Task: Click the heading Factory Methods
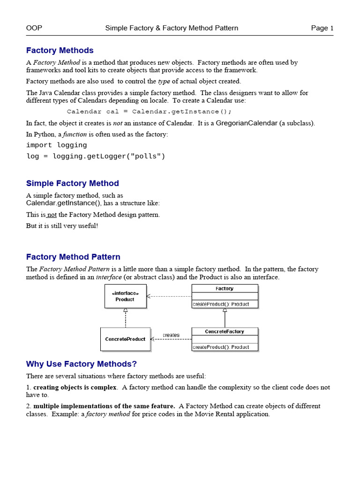point(60,50)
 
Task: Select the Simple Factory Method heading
point(72,183)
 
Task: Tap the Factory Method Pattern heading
point(73,257)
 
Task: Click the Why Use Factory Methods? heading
point(81,364)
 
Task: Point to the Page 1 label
point(322,28)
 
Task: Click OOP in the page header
point(34,28)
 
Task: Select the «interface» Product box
point(125,296)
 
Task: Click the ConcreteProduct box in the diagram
point(125,339)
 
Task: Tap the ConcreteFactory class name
point(225,331)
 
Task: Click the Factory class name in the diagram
point(225,289)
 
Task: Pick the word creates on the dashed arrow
point(171,335)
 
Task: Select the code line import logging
point(56,145)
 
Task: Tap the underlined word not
point(52,215)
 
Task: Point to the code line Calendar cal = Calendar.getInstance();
point(149,112)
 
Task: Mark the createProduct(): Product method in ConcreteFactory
point(221,347)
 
